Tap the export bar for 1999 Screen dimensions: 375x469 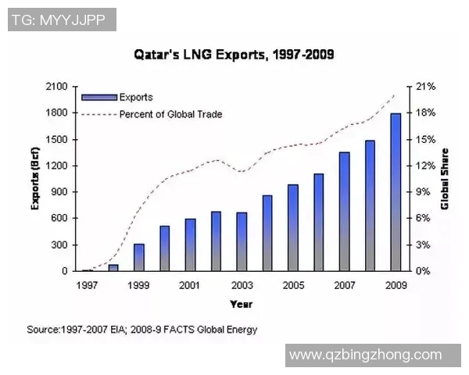[x=138, y=257]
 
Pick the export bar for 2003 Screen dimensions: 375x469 [x=242, y=241]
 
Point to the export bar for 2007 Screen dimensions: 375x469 [x=344, y=212]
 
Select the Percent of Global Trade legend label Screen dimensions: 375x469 [x=170, y=114]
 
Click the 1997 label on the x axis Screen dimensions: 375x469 [x=87, y=284]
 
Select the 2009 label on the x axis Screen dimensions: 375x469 [x=396, y=284]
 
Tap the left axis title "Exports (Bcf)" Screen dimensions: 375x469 [x=35, y=179]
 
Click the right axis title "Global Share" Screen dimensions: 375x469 [x=445, y=179]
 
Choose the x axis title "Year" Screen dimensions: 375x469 [x=241, y=303]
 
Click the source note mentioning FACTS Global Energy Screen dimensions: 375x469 [x=141, y=329]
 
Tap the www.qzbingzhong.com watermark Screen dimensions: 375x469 [x=365, y=355]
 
